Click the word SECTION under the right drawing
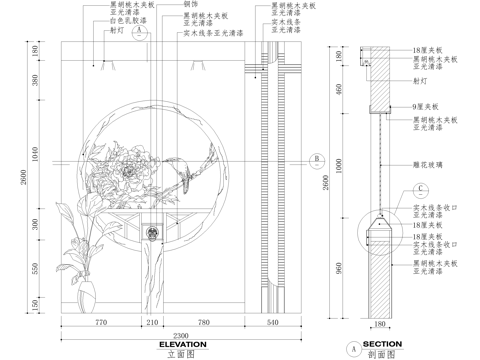[x=382, y=343]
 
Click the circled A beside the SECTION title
[x=353, y=349]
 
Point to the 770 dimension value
[x=100, y=323]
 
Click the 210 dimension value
[x=153, y=323]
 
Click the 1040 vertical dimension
[x=35, y=156]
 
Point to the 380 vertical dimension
[x=35, y=82]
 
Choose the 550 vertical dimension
[x=35, y=268]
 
